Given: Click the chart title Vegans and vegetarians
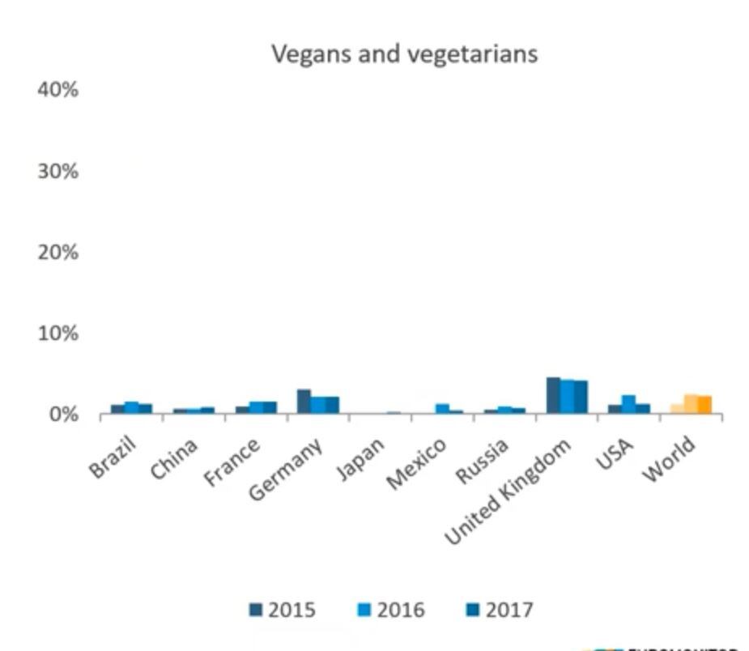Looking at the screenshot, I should pyautogui.click(x=404, y=53).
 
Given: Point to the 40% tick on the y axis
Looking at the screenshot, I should pyautogui.click(x=57, y=90).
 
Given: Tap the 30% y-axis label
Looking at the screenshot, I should pyautogui.click(x=57, y=172).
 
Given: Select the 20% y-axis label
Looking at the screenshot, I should pyautogui.click(x=57, y=253).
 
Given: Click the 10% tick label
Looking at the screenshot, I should pyautogui.click(x=57, y=334).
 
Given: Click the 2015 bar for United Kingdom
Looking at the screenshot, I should pyautogui.click(x=553, y=396).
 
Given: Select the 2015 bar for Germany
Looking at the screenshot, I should pyautogui.click(x=304, y=402).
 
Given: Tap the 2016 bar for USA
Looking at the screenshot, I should pyautogui.click(x=628, y=405).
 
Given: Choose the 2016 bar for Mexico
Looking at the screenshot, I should pyautogui.click(x=442, y=409).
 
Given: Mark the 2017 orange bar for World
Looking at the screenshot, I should pyautogui.click(x=705, y=405).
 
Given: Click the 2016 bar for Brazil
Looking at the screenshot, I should pyautogui.click(x=131, y=408).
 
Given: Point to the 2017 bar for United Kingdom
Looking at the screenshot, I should pyautogui.click(x=581, y=398).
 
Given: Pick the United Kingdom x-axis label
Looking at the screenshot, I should pyautogui.click(x=509, y=490).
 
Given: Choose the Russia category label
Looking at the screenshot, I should pyautogui.click(x=483, y=462).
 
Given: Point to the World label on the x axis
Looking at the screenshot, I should pyautogui.click(x=669, y=459).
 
